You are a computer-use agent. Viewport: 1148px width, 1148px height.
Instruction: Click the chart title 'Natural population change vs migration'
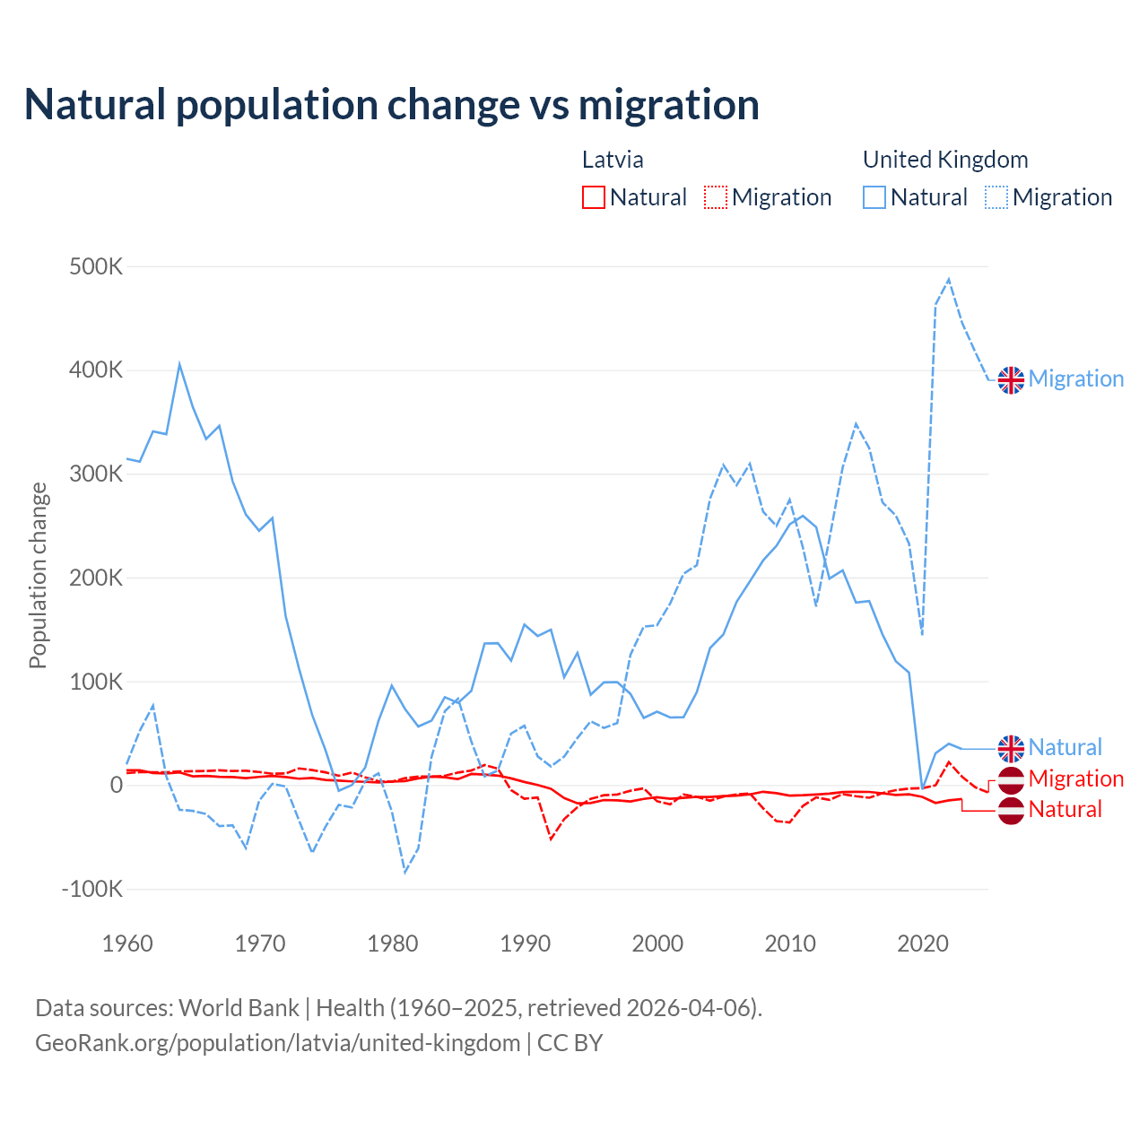click(x=392, y=105)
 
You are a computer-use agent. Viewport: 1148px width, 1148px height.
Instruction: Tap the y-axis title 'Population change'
click(x=38, y=575)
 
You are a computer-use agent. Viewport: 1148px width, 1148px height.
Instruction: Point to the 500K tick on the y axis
click(x=96, y=267)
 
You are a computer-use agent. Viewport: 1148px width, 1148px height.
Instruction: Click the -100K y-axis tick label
click(x=92, y=890)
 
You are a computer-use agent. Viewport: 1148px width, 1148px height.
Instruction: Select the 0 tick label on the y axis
click(x=116, y=786)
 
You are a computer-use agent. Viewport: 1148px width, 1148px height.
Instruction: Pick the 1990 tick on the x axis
click(x=525, y=944)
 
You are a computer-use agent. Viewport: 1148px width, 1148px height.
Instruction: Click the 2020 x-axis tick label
click(x=923, y=944)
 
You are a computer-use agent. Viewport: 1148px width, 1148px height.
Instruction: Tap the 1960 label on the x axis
click(x=127, y=944)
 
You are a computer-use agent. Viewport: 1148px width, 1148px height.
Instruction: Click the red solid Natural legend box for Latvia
click(x=593, y=197)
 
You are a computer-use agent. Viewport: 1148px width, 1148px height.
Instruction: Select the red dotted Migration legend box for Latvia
click(x=716, y=197)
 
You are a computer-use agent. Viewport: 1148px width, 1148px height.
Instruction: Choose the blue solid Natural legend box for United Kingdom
click(x=874, y=197)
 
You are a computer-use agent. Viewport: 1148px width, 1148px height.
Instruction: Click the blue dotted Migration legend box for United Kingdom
click(x=996, y=197)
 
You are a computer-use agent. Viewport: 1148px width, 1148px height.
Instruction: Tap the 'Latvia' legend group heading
click(x=613, y=160)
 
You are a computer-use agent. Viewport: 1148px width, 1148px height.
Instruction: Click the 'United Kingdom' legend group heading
click(x=945, y=160)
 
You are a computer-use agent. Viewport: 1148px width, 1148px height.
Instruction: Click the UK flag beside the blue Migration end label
click(x=1011, y=379)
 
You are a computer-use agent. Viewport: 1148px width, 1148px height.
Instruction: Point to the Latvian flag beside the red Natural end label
click(x=1011, y=810)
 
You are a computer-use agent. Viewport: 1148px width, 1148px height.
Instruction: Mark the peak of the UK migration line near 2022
click(x=949, y=280)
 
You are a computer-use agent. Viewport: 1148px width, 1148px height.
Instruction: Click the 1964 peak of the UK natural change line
click(x=179, y=364)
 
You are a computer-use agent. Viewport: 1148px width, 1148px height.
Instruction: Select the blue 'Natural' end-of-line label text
click(x=1065, y=747)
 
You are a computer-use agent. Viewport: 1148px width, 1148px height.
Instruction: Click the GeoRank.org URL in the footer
click(x=278, y=1043)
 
